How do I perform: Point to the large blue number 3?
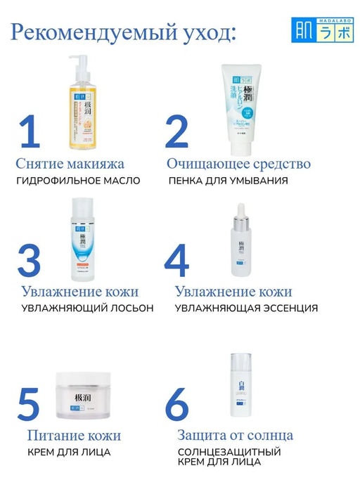coord(29,261)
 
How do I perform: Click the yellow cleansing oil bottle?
coord(82,112)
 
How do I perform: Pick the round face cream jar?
coord(82,397)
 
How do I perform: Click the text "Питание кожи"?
coord(69,436)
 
